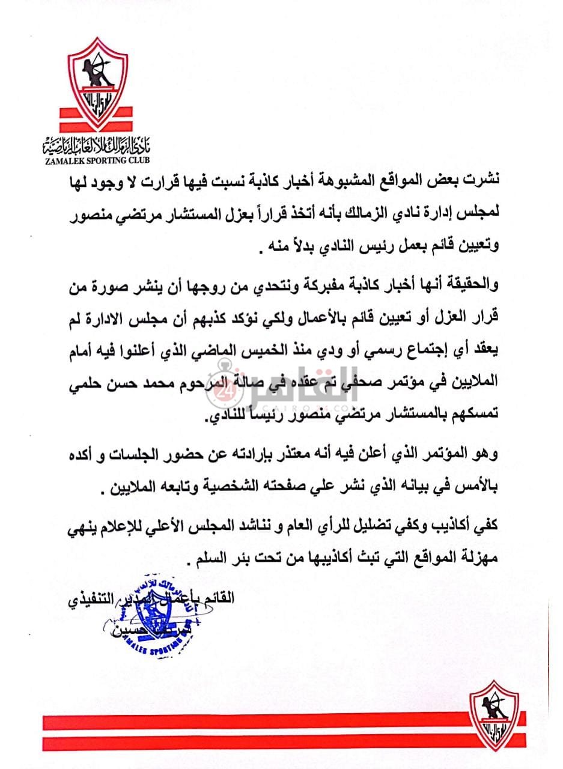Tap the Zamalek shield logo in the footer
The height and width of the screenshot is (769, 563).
pyautogui.click(x=494, y=715)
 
